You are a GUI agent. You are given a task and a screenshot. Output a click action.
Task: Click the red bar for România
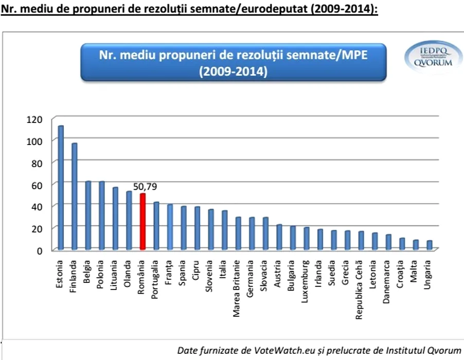143,222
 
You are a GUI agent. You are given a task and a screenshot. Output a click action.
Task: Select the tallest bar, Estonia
61,188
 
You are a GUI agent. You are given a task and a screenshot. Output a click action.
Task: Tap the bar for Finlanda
75,196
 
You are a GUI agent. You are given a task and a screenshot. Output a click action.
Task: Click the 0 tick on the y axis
39,250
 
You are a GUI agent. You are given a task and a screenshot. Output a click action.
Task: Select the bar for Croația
402,244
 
